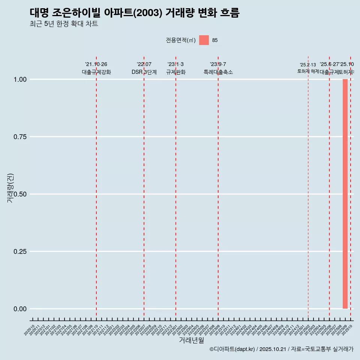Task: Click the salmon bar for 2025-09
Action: pyautogui.click(x=345, y=194)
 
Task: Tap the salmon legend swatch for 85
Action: pyautogui.click(x=204, y=40)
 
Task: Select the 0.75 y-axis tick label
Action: pyautogui.click(x=20, y=136)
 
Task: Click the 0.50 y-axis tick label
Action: pyautogui.click(x=20, y=194)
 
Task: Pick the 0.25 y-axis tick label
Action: pyautogui.click(x=20, y=251)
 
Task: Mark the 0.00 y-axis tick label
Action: pyautogui.click(x=20, y=309)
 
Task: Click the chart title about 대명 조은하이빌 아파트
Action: pyautogui.click(x=134, y=13)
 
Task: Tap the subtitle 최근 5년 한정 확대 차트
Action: pyautogui.click(x=64, y=24)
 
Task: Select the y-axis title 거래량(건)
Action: pyautogui.click(x=10, y=188)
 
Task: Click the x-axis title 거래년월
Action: pyautogui.click(x=191, y=340)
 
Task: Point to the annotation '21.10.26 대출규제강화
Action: pyautogui.click(x=96, y=68)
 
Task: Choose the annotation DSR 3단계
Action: pyautogui.click(x=144, y=72)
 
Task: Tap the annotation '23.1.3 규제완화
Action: pyautogui.click(x=175, y=68)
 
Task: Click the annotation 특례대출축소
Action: pyautogui.click(x=218, y=72)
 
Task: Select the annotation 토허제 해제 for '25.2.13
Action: pyautogui.click(x=308, y=71)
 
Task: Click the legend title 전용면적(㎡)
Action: pyautogui.click(x=181, y=40)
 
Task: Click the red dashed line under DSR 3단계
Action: pyautogui.click(x=144, y=187)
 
